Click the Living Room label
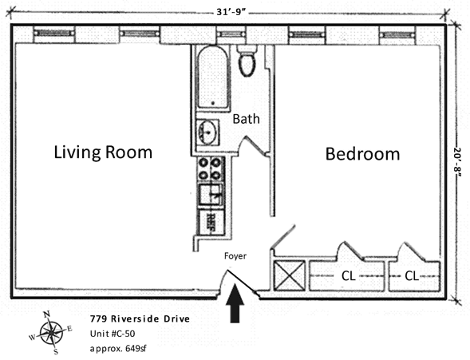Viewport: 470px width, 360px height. point(103,152)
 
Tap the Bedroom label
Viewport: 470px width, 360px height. point(363,154)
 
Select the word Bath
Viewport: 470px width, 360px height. point(246,119)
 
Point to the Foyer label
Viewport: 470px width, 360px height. point(235,256)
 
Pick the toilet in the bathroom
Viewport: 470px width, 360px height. point(247,61)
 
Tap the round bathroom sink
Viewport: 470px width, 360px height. point(207,132)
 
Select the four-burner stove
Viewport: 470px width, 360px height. point(210,169)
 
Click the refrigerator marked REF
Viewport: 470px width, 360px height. point(211,223)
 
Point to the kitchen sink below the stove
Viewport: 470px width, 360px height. point(211,195)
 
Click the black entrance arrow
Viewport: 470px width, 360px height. point(235,303)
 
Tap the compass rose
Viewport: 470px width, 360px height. point(51,332)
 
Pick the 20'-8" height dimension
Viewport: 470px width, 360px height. point(458,162)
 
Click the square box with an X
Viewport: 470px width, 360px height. point(289,275)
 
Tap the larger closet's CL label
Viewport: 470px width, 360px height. point(348,276)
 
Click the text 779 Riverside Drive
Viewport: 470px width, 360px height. point(140,318)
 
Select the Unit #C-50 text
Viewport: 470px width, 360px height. point(113,334)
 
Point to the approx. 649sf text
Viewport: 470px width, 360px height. point(118,349)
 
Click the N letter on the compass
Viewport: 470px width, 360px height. point(46,315)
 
